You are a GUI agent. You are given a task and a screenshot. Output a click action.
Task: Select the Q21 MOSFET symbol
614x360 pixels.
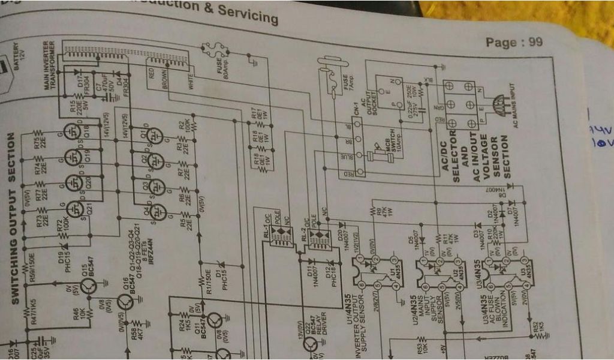tap(75, 208)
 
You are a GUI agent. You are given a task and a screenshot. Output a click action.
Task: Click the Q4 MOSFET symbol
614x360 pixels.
tap(156, 211)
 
